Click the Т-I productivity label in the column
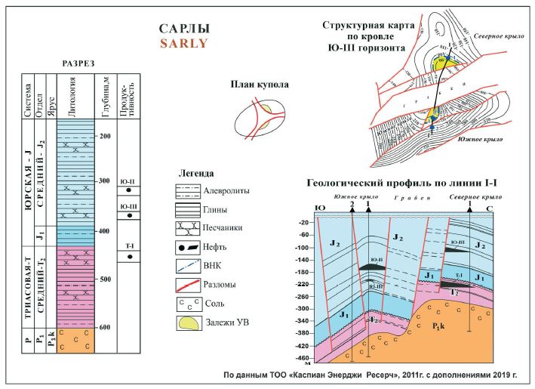[x=130, y=246]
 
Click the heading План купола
[x=261, y=85]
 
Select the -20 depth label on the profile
[x=304, y=223]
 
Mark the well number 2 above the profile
[x=352, y=205]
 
